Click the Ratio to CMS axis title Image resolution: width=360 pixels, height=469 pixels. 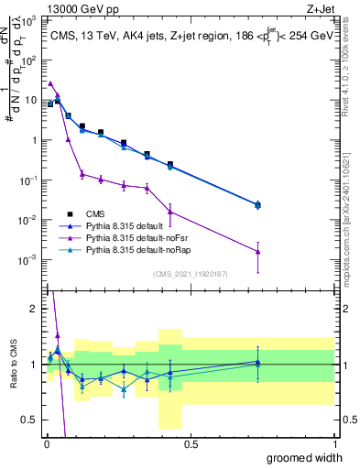click(13, 364)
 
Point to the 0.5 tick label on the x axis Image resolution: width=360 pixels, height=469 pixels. click(191, 444)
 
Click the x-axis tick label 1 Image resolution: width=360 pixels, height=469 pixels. click(334, 444)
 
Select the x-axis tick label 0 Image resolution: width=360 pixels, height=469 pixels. click(46, 444)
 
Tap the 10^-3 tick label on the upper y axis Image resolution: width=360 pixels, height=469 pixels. click(29, 260)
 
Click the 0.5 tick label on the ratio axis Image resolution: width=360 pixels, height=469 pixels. click(31, 420)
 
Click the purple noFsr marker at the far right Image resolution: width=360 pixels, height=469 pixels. click(258, 251)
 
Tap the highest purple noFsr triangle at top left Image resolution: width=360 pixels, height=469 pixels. click(50, 83)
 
